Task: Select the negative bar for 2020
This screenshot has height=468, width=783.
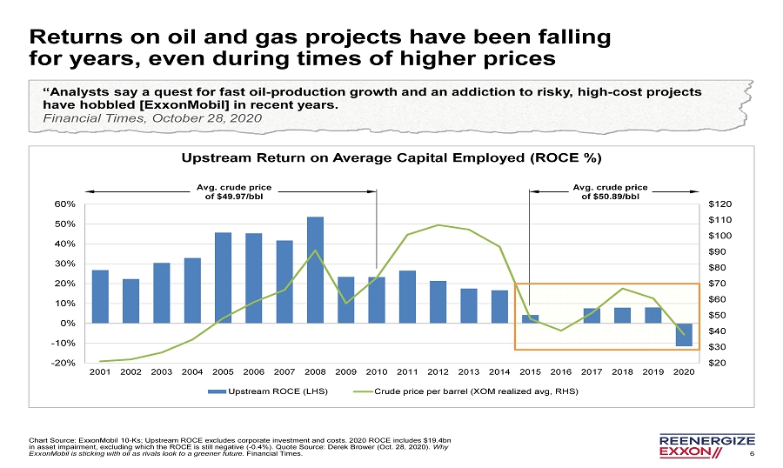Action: [684, 335]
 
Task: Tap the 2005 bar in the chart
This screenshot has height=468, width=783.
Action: [223, 277]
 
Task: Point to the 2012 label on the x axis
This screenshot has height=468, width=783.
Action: [438, 371]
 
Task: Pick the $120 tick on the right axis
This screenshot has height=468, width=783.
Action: [721, 204]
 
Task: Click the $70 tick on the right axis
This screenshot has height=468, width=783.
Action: [719, 284]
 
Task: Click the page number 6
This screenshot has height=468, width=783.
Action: [752, 452]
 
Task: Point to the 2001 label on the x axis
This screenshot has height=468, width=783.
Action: [100, 371]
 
